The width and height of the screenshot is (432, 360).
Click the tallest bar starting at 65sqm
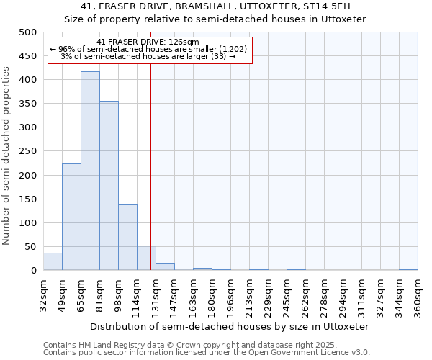pyautogui.click(x=90, y=171)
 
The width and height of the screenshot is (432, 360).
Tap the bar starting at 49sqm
pyautogui.click(x=71, y=217)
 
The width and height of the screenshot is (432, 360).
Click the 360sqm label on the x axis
pyautogui.click(x=418, y=295)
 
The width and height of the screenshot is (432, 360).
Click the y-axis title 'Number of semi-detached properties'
pyautogui.click(x=7, y=156)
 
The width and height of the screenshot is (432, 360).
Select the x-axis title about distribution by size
pyautogui.click(x=230, y=326)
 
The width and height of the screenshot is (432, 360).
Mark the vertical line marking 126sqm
pyautogui.click(x=150, y=166)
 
